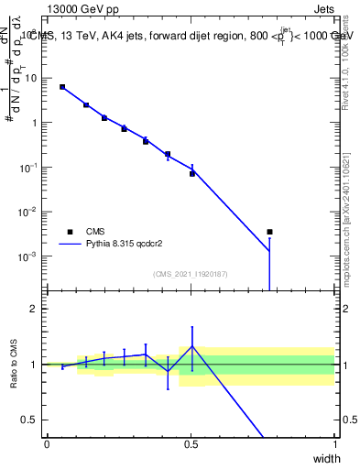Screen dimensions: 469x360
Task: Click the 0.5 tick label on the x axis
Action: click(x=191, y=444)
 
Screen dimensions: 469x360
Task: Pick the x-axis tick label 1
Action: click(x=334, y=444)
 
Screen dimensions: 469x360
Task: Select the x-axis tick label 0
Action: click(x=47, y=444)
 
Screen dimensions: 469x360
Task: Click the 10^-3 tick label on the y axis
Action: click(x=29, y=256)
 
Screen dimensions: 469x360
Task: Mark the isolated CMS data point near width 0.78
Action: click(x=269, y=232)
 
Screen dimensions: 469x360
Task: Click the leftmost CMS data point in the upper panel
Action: click(x=62, y=87)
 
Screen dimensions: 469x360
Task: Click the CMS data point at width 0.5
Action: click(x=192, y=173)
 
